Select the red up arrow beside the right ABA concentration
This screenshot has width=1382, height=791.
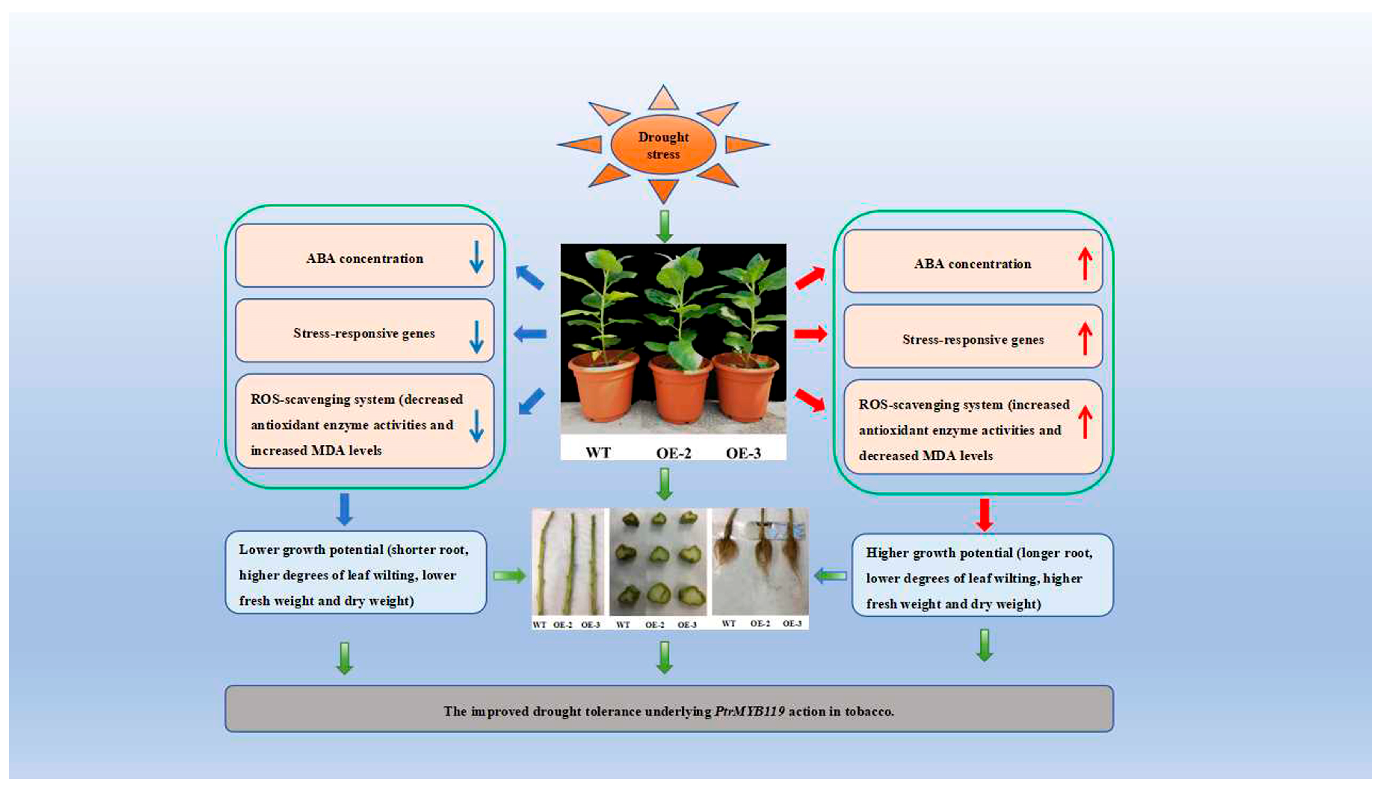(x=1085, y=264)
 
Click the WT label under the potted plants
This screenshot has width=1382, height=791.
(x=598, y=452)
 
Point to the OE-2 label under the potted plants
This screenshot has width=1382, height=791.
(x=673, y=452)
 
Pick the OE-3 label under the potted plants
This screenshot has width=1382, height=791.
(x=743, y=452)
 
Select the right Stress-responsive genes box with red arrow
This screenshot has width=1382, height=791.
(x=973, y=337)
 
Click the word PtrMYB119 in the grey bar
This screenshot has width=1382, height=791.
(x=749, y=711)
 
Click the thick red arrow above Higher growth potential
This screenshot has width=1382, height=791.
(x=984, y=514)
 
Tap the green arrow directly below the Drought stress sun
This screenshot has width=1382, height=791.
(x=664, y=226)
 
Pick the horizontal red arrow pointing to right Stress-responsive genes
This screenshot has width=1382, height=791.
(x=810, y=333)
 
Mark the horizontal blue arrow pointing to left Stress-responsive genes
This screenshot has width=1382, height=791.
(x=530, y=333)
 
